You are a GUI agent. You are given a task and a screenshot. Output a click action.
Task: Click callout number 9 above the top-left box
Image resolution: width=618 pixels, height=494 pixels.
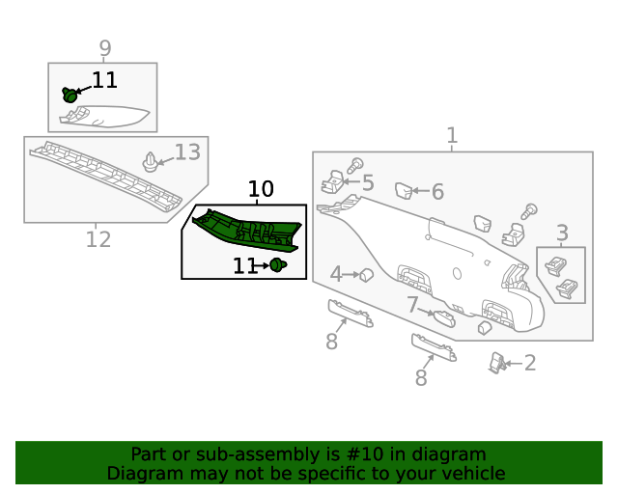(105, 48)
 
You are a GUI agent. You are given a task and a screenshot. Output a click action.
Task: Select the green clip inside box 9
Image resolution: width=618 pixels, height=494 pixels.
(70, 95)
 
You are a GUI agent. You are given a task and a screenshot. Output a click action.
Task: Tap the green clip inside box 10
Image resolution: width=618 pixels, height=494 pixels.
(278, 265)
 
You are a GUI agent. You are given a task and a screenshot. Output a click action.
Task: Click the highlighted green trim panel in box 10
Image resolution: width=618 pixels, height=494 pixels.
(247, 231)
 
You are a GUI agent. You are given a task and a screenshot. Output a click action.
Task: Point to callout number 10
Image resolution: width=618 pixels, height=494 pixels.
(261, 189)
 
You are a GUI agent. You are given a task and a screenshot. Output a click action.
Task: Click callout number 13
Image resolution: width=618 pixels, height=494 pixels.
(187, 152)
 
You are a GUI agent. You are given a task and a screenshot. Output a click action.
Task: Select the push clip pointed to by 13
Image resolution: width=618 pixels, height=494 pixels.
(151, 162)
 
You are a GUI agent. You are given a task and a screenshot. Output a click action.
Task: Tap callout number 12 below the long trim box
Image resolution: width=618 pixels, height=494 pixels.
(98, 239)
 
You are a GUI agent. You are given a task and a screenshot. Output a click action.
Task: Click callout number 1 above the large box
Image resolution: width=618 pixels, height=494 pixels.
(452, 135)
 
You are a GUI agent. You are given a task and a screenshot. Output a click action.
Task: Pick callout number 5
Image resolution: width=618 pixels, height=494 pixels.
(368, 182)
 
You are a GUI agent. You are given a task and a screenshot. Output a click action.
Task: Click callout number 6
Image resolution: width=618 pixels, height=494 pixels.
(437, 192)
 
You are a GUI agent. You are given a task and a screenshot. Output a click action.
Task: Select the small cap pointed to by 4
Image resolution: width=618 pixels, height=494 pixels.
(367, 275)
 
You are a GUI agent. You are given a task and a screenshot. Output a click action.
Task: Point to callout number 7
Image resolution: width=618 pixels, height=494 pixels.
(412, 305)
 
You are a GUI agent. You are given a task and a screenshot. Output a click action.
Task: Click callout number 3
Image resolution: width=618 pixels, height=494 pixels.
(562, 233)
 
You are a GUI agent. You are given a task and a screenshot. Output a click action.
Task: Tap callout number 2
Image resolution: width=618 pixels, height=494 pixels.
(530, 363)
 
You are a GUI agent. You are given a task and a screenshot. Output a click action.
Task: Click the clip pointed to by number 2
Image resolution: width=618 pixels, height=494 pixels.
(497, 363)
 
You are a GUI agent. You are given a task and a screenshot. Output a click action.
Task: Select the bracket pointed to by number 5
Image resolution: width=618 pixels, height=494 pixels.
(332, 182)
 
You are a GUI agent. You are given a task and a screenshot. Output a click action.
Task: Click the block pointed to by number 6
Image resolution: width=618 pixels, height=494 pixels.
(404, 191)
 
